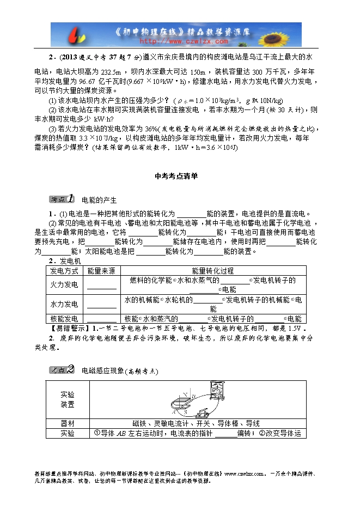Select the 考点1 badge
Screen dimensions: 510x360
click(x=61, y=199)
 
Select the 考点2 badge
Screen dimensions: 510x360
click(x=61, y=369)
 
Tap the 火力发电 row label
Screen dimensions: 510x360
click(x=64, y=284)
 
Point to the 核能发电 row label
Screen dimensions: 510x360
click(x=64, y=319)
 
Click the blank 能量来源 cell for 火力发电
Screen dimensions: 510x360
click(x=101, y=285)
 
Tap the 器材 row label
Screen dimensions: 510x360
click(x=68, y=423)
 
